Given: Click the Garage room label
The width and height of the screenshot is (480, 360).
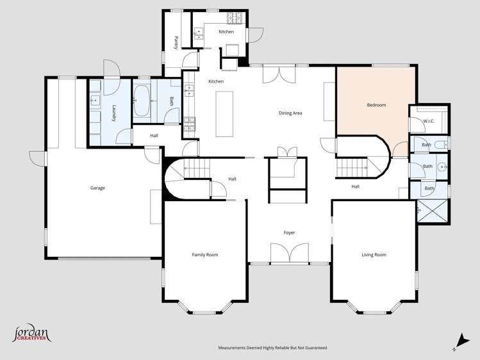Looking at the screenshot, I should click(x=97, y=188).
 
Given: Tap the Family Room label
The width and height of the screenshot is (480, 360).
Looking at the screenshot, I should click(x=205, y=255).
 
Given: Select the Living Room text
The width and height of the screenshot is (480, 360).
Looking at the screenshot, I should click(x=374, y=255).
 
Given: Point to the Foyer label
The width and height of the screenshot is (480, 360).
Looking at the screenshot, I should click(x=290, y=233).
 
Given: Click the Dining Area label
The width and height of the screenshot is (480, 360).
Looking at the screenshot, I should click(x=290, y=113).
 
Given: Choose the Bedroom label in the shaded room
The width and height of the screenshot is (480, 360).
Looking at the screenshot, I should click(x=376, y=105).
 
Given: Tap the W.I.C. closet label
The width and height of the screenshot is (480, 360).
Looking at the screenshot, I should click(x=429, y=120).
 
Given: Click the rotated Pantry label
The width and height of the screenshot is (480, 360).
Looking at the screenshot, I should click(x=176, y=42).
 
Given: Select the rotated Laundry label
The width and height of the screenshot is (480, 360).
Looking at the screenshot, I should click(x=114, y=113).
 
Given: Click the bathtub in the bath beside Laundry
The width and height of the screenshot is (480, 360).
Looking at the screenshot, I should click(x=141, y=101).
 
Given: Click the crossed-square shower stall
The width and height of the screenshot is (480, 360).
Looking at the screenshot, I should click(x=433, y=211).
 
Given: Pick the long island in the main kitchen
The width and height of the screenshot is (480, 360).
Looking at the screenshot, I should click(x=224, y=114).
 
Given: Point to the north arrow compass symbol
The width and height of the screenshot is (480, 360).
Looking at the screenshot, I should click(x=458, y=343).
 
